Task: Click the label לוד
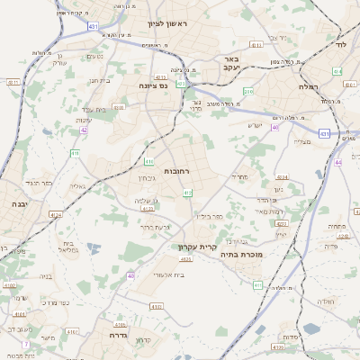(x=339, y=44)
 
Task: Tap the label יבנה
(x=18, y=205)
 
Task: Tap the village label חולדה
(x=326, y=301)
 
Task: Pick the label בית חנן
(x=100, y=81)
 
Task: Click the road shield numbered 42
(x=84, y=130)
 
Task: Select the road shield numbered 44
(x=338, y=163)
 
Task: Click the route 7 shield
(x=26, y=345)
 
